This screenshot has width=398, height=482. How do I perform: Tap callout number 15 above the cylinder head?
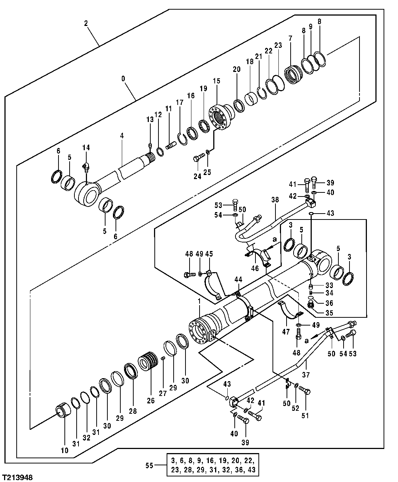(216, 81)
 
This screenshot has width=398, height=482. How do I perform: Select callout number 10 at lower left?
(64, 440)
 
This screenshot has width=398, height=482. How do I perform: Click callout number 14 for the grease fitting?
(86, 148)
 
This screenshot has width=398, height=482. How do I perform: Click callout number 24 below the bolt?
(197, 176)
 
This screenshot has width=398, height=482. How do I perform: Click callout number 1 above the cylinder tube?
(199, 304)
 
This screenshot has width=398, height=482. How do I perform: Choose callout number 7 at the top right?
(290, 38)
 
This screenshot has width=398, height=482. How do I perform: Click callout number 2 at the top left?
(86, 23)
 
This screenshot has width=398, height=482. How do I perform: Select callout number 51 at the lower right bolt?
(305, 416)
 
